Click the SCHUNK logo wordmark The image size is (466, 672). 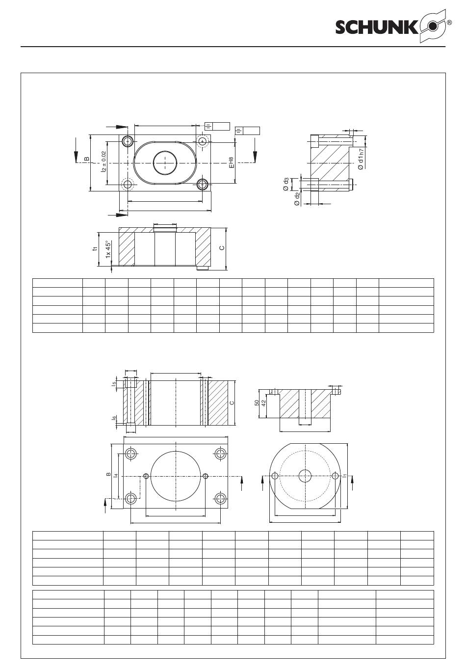[x=376, y=28]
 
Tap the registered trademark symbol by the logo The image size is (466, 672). [x=450, y=23]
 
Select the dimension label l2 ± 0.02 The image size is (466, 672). [x=104, y=161]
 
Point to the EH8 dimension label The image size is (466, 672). [x=231, y=162]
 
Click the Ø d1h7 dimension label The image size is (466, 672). [x=361, y=160]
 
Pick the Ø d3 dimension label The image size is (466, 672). [x=286, y=184]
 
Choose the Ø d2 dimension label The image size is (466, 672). [x=297, y=199]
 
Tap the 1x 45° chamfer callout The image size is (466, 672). [x=108, y=249]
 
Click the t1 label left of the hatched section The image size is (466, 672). [x=95, y=249]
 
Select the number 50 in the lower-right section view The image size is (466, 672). [x=257, y=403]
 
